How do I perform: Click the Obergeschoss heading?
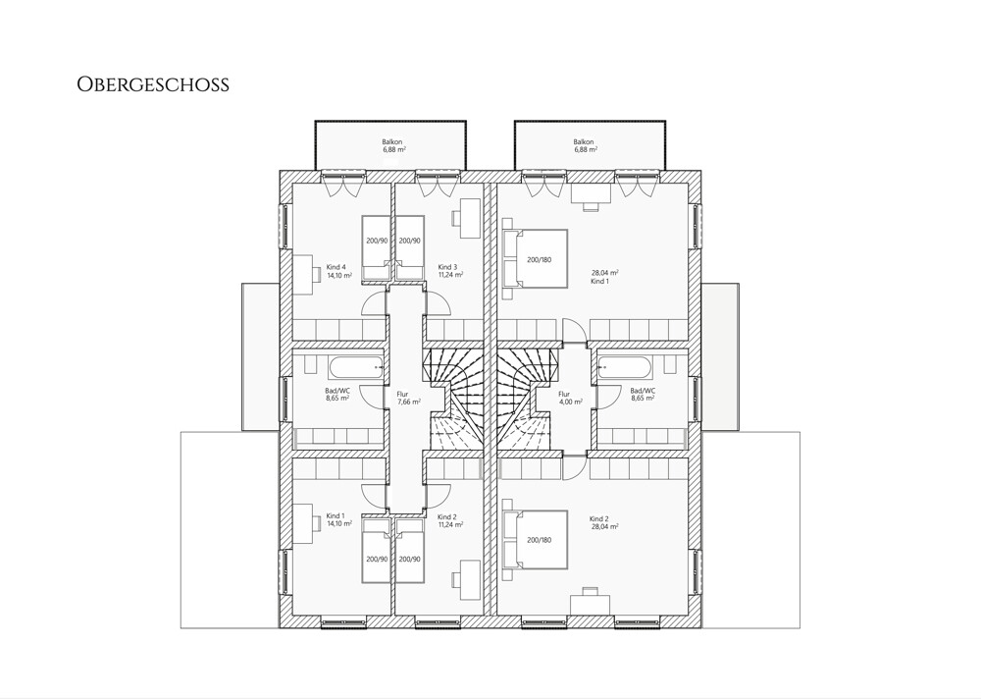[153, 84]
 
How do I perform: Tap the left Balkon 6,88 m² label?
[394, 146]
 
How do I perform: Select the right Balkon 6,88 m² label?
[585, 146]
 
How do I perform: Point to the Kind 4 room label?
[339, 271]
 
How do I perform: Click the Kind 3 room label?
[450, 271]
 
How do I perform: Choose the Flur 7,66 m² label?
[408, 398]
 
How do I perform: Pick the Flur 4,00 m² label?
[571, 398]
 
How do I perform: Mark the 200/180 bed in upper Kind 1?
[536, 258]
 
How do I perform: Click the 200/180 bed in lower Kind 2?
[536, 539]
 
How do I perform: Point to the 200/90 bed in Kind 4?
[377, 248]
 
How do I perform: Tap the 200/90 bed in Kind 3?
[410, 248]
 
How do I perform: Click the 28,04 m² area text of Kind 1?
[605, 273]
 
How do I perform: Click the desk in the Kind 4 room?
[304, 274]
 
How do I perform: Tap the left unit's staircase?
[454, 399]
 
